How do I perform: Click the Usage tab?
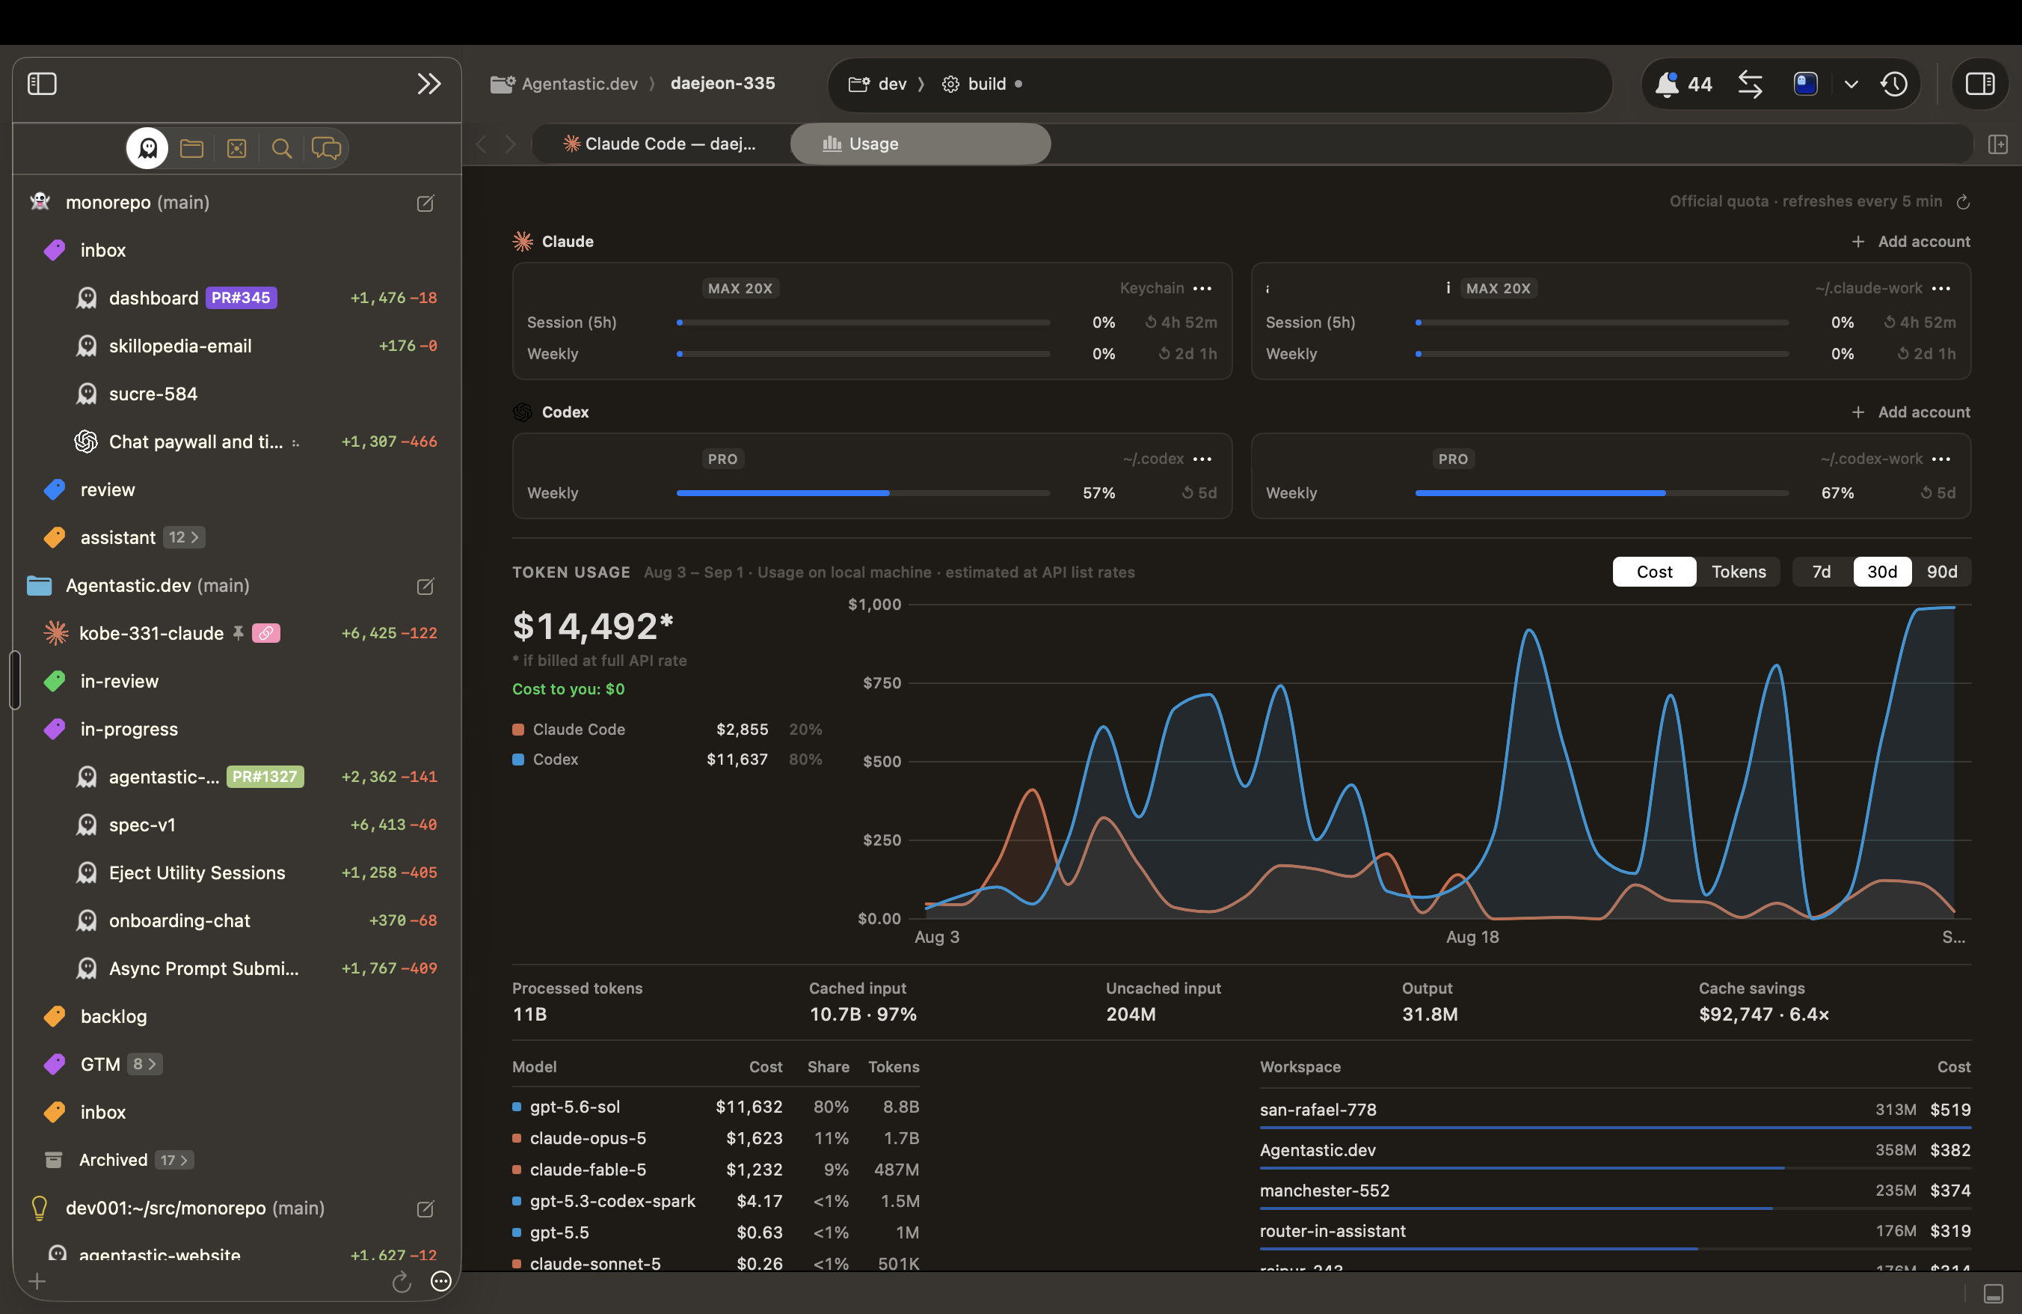point(920,144)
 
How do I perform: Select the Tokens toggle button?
point(1739,572)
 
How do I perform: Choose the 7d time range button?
point(1822,572)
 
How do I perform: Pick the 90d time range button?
point(1941,572)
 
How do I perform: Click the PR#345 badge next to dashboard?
point(242,299)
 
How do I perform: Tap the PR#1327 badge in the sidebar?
point(265,777)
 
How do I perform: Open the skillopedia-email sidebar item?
point(180,346)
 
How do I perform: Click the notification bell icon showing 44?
point(1666,84)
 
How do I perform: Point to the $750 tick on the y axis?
point(882,683)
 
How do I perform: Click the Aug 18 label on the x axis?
point(1472,937)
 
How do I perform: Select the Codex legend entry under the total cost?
point(555,760)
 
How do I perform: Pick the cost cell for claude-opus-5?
point(754,1138)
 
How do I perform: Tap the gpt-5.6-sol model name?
point(575,1107)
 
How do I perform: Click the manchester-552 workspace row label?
point(1324,1191)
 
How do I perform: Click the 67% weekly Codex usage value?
point(1837,493)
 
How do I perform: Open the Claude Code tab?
point(660,144)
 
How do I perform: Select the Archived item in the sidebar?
point(113,1160)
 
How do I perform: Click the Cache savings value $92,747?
point(1736,1014)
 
